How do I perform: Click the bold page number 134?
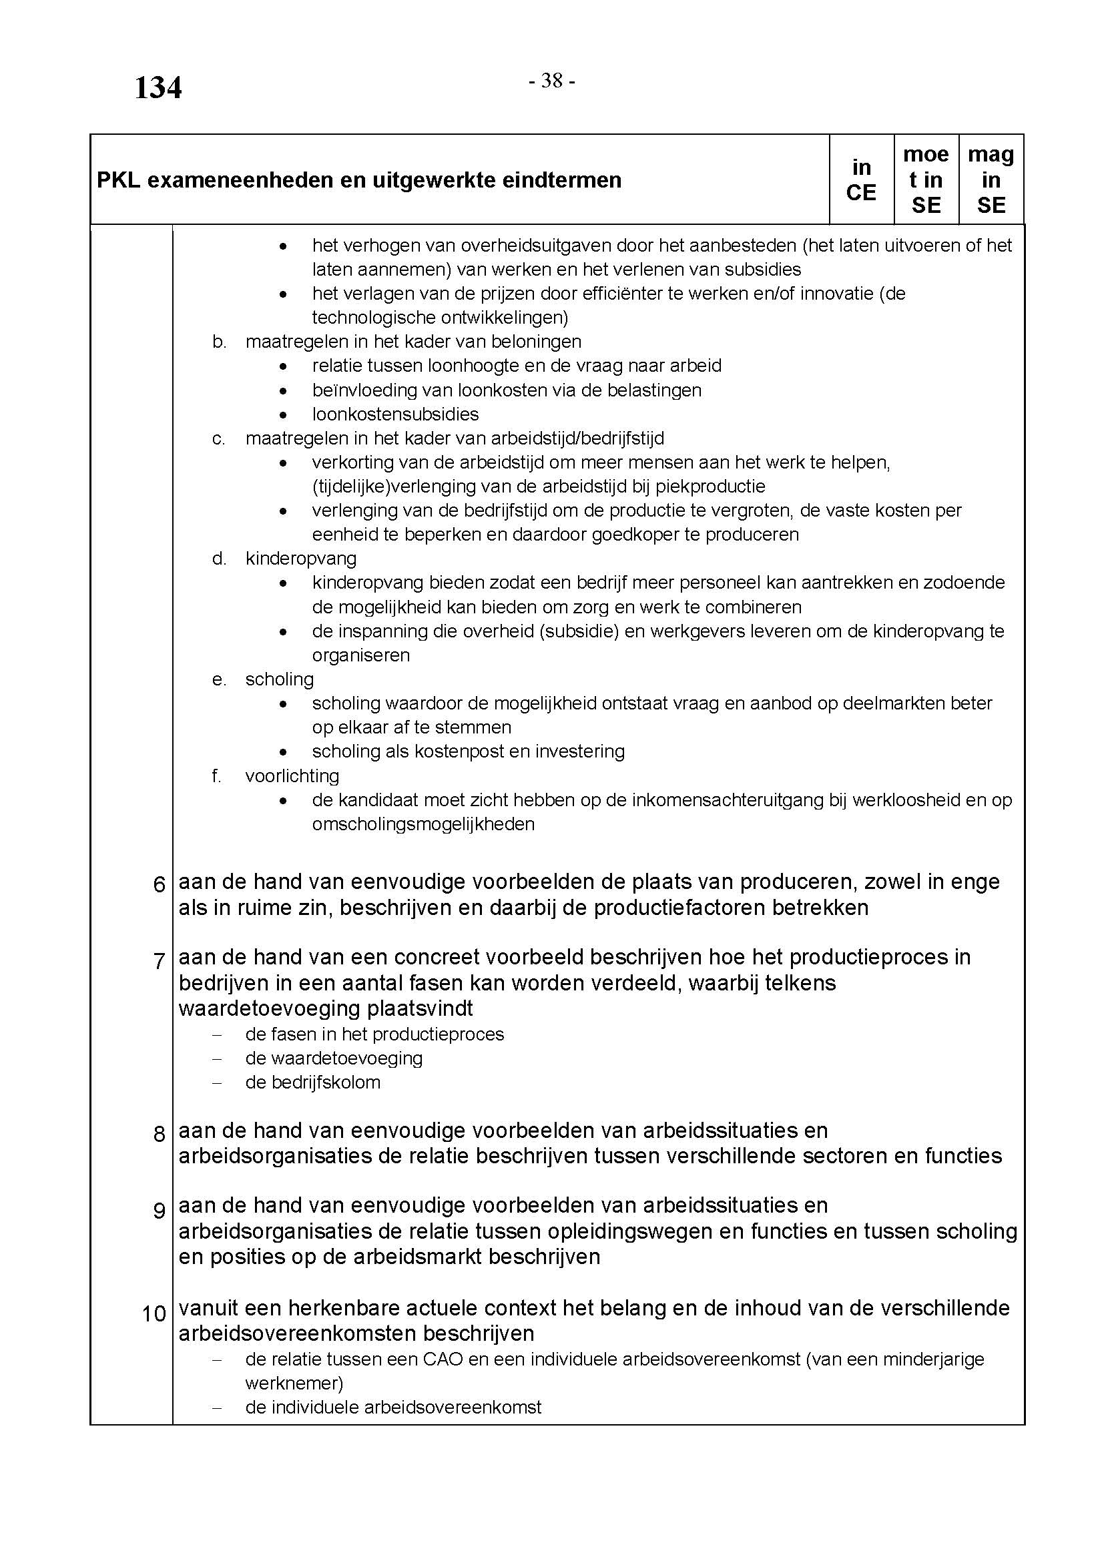pos(158,88)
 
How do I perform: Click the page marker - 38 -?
pos(552,81)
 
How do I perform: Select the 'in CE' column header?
pos(860,180)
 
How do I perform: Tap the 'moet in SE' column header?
pos(925,180)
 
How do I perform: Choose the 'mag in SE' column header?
pos(991,180)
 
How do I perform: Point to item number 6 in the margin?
pos(159,884)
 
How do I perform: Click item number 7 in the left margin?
pos(159,961)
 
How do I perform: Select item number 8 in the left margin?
pos(159,1134)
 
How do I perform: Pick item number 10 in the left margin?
pos(154,1313)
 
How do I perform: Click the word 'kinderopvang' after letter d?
pos(300,558)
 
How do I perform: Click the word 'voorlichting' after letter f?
pos(292,775)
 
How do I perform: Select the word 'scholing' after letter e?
pos(280,679)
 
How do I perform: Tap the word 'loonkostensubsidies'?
pos(395,414)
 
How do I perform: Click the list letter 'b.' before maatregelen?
pos(219,341)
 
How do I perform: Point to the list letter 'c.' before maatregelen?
pos(219,438)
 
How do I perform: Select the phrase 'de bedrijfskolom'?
pos(312,1082)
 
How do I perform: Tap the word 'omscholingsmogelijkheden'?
pos(423,824)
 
